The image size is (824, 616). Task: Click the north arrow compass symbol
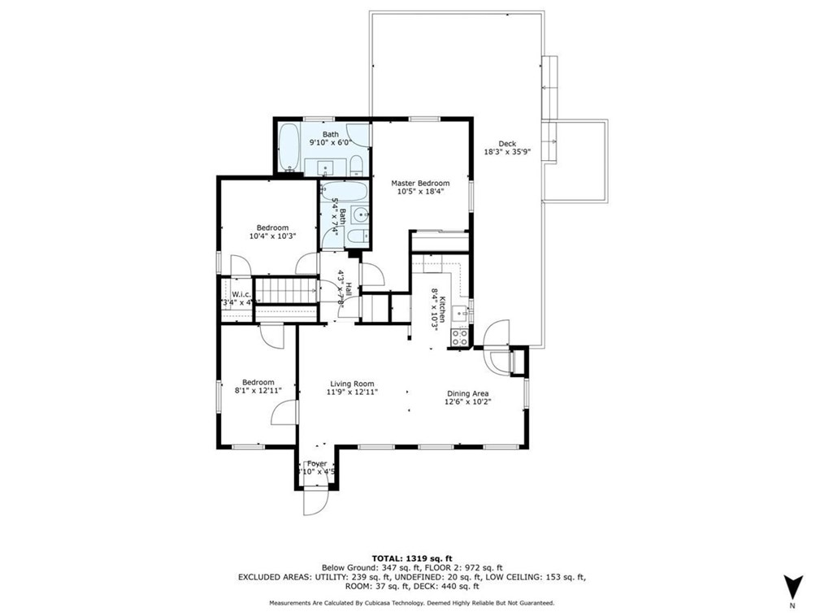[x=792, y=586]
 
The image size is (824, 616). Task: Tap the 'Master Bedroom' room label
[x=419, y=183]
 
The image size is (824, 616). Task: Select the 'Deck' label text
[x=507, y=144]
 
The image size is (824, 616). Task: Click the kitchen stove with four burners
[x=459, y=337]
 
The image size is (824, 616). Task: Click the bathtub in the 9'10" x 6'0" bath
[x=288, y=147]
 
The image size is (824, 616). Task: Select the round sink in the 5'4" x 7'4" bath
[x=358, y=215]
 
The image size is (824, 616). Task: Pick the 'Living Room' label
[x=352, y=384]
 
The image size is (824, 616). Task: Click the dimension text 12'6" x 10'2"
[x=469, y=401]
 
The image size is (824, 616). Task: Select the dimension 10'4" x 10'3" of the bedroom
[x=272, y=236]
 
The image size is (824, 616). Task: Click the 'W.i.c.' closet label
[x=241, y=294]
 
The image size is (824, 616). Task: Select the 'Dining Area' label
[x=468, y=393]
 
